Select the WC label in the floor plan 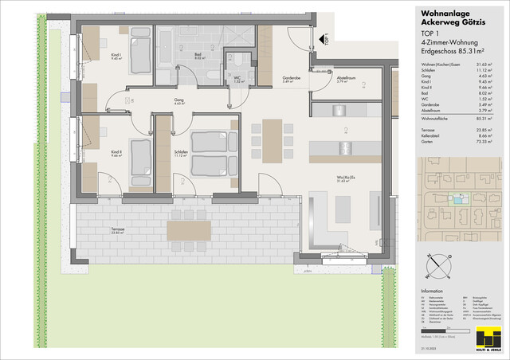coord(237,80)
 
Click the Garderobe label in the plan coord(291,79)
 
